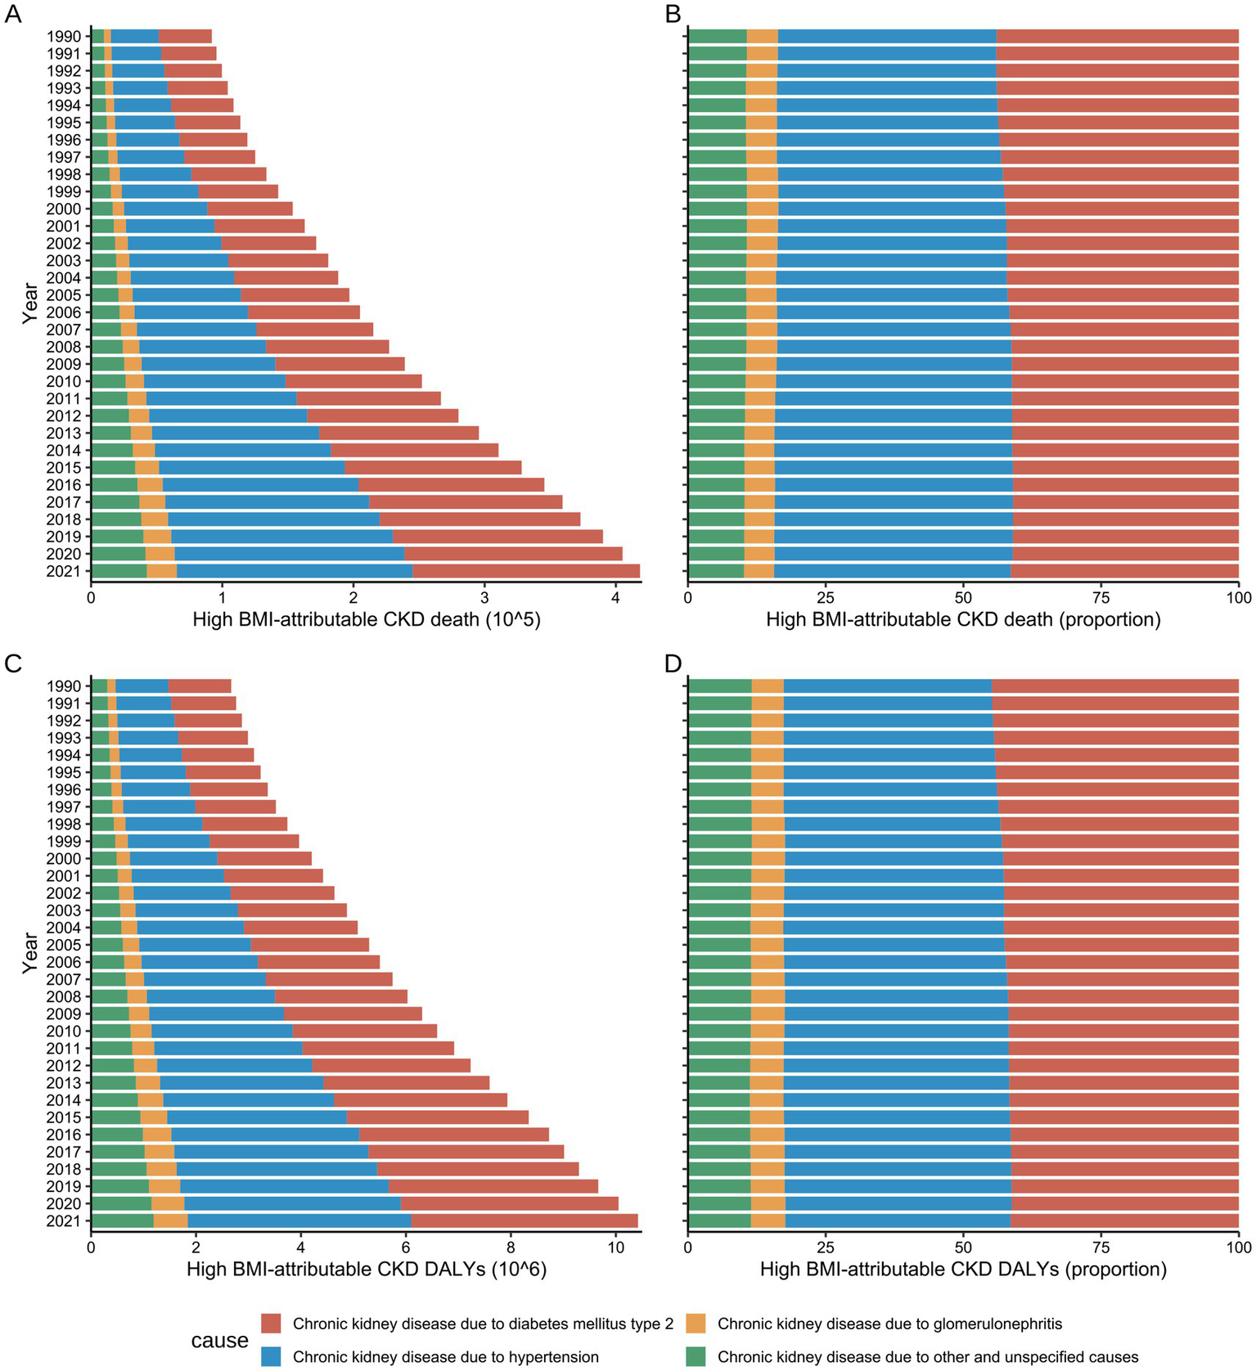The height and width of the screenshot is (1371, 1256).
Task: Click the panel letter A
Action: tap(13, 15)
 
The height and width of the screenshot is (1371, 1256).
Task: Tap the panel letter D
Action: tap(673, 663)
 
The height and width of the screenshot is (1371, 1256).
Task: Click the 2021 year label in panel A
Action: tap(64, 572)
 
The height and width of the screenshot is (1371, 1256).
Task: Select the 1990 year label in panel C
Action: tap(64, 686)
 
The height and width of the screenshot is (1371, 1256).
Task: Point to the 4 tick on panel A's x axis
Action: tap(615, 599)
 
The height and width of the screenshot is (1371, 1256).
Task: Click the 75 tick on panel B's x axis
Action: tap(1101, 599)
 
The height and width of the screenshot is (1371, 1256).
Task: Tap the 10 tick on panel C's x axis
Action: tap(615, 1248)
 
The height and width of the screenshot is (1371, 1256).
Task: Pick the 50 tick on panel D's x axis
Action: tap(963, 1248)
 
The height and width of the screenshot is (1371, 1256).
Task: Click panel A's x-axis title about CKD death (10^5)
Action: tap(366, 619)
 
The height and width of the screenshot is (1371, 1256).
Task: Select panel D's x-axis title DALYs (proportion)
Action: tap(963, 1270)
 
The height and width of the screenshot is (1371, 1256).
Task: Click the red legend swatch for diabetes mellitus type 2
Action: tap(272, 1324)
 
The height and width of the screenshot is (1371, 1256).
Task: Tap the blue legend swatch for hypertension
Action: tap(272, 1356)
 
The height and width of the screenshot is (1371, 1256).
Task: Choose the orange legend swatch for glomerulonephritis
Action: tap(696, 1324)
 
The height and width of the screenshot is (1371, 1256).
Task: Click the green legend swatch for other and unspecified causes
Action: tap(696, 1356)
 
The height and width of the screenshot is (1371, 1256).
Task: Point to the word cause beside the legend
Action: tap(219, 1341)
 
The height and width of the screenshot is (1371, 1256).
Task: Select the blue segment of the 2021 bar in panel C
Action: tap(299, 1220)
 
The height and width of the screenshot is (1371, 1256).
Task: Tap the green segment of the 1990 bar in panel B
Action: tap(717, 36)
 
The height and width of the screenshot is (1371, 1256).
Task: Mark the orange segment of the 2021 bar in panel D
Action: tap(768, 1220)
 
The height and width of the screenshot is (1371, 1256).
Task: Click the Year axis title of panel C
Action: tap(30, 953)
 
